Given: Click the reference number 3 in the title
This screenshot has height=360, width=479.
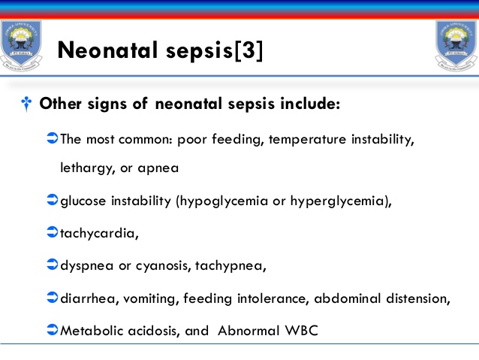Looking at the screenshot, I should pos(247,50).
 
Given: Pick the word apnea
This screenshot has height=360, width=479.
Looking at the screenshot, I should pos(158,168).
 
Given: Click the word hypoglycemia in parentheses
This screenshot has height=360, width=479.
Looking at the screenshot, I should pos(230,201).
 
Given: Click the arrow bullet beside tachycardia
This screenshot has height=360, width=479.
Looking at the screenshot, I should pos(52,232).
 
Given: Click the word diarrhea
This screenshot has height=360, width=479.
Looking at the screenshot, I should pos(85,298).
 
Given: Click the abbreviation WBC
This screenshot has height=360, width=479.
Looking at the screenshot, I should pos(302,330).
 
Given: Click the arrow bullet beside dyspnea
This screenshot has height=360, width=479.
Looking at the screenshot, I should pos(52,265).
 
